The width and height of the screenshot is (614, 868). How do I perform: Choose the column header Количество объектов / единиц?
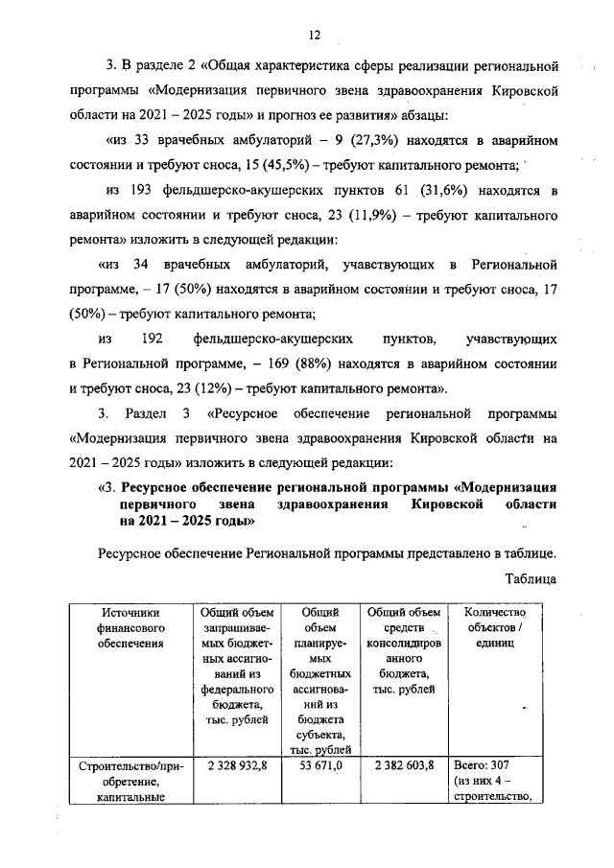tap(495, 627)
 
